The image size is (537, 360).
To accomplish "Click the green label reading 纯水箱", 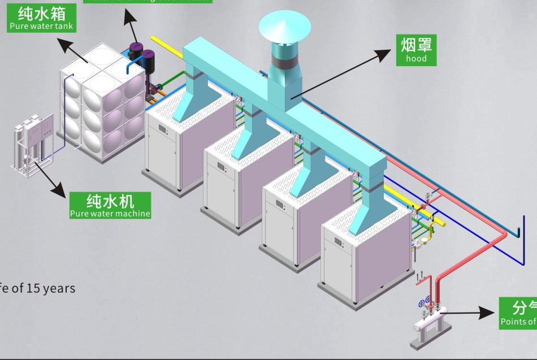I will pyautogui.click(x=41, y=13).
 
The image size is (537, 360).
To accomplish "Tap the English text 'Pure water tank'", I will pyautogui.click(x=41, y=26).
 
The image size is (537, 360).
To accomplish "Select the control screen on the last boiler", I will pyautogui.click(x=339, y=242).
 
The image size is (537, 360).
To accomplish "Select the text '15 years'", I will pyautogui.click(x=51, y=288).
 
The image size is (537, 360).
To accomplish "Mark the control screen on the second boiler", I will pyautogui.click(x=222, y=167).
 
